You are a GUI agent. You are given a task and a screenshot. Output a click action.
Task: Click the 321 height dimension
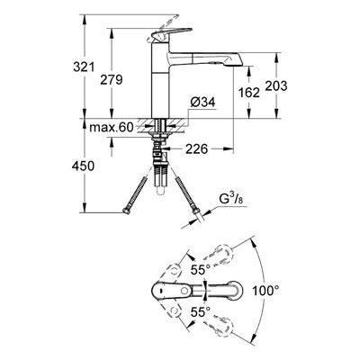point(84,67)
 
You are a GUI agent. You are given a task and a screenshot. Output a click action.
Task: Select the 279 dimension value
point(112,80)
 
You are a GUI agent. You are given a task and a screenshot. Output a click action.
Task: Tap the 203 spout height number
point(276,85)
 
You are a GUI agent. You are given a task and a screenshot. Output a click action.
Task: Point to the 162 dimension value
point(249,93)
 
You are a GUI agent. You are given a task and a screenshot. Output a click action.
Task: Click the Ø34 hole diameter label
point(203,103)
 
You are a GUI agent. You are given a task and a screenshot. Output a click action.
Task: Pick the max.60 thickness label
point(112,128)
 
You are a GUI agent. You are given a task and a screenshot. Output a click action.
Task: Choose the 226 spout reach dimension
point(196,148)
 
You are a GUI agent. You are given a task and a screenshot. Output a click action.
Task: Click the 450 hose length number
point(83,166)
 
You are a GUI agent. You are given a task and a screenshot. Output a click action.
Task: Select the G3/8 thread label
point(230,200)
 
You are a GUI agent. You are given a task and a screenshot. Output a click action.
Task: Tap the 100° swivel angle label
point(265,291)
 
